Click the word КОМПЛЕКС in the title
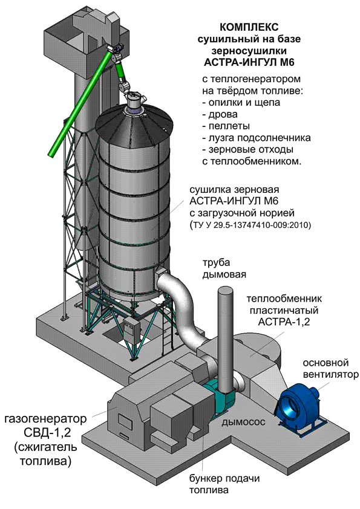[x=249, y=27]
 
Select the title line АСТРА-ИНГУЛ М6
[x=249, y=62]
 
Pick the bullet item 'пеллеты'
[x=226, y=126]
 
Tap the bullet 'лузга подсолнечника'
[x=257, y=138]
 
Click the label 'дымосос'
[x=244, y=422]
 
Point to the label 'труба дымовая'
[x=224, y=268]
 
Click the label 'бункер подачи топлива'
[x=224, y=484]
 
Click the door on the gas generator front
[x=123, y=421]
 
